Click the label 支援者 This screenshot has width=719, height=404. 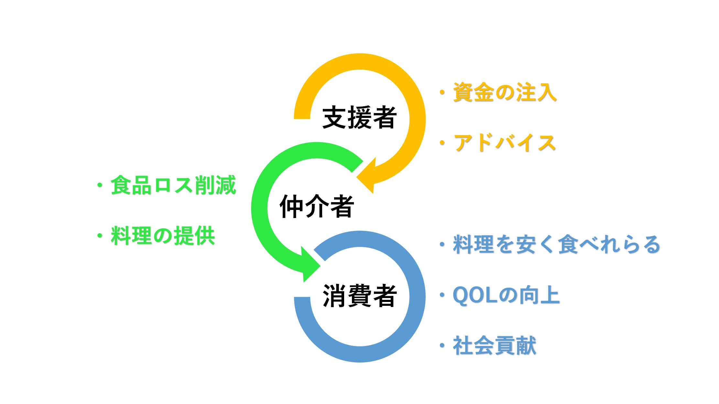[x=359, y=118]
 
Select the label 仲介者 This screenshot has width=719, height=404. [x=316, y=206]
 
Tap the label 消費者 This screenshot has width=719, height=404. [x=359, y=295]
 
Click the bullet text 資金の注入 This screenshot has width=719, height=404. [x=505, y=92]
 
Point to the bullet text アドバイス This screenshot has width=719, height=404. [x=505, y=143]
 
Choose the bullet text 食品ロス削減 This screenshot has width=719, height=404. [x=173, y=186]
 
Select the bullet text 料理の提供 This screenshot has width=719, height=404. [x=163, y=236]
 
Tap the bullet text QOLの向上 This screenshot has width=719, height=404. [x=506, y=295]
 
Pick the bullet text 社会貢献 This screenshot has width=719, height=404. [x=495, y=346]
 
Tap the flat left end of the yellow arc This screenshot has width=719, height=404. [x=302, y=118]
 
